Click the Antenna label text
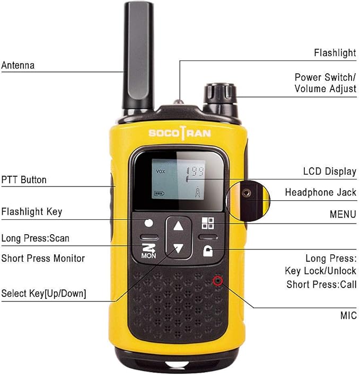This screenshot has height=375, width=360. point(18,65)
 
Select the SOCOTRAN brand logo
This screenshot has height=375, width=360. point(180,133)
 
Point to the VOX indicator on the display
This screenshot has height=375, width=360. point(161,171)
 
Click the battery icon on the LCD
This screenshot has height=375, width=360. point(160,193)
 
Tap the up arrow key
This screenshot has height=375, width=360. point(178,226)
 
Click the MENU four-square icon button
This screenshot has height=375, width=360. point(208,223)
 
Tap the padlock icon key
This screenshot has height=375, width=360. point(208,251)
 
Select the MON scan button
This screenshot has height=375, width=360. point(148,251)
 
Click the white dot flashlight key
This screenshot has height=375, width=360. point(148,223)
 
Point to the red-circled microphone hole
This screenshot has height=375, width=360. point(218,281)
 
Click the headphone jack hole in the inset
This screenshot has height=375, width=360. point(247,193)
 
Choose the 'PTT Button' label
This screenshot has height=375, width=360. point(24,180)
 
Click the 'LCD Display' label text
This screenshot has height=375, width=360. point(330,172)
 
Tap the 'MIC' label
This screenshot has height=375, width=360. point(348,316)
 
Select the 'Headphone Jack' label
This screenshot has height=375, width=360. point(321,192)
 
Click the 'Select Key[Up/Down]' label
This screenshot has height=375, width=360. point(43,293)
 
